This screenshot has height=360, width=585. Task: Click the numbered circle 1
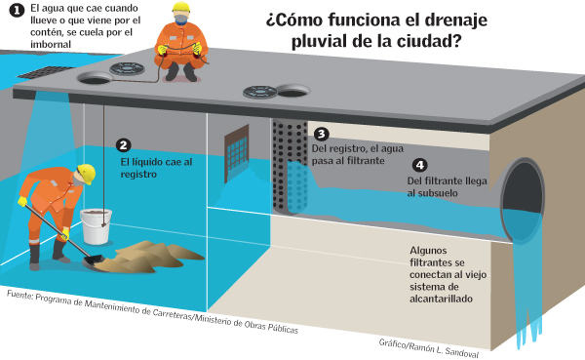(x=16, y=10)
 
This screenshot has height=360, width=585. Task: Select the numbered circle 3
(x=321, y=134)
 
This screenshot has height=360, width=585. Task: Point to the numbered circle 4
(x=419, y=166)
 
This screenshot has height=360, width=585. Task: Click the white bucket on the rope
(x=96, y=226)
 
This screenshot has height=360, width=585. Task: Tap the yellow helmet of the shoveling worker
(x=86, y=173)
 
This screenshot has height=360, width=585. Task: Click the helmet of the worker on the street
(x=179, y=12)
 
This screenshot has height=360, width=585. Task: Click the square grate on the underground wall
(x=237, y=150)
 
